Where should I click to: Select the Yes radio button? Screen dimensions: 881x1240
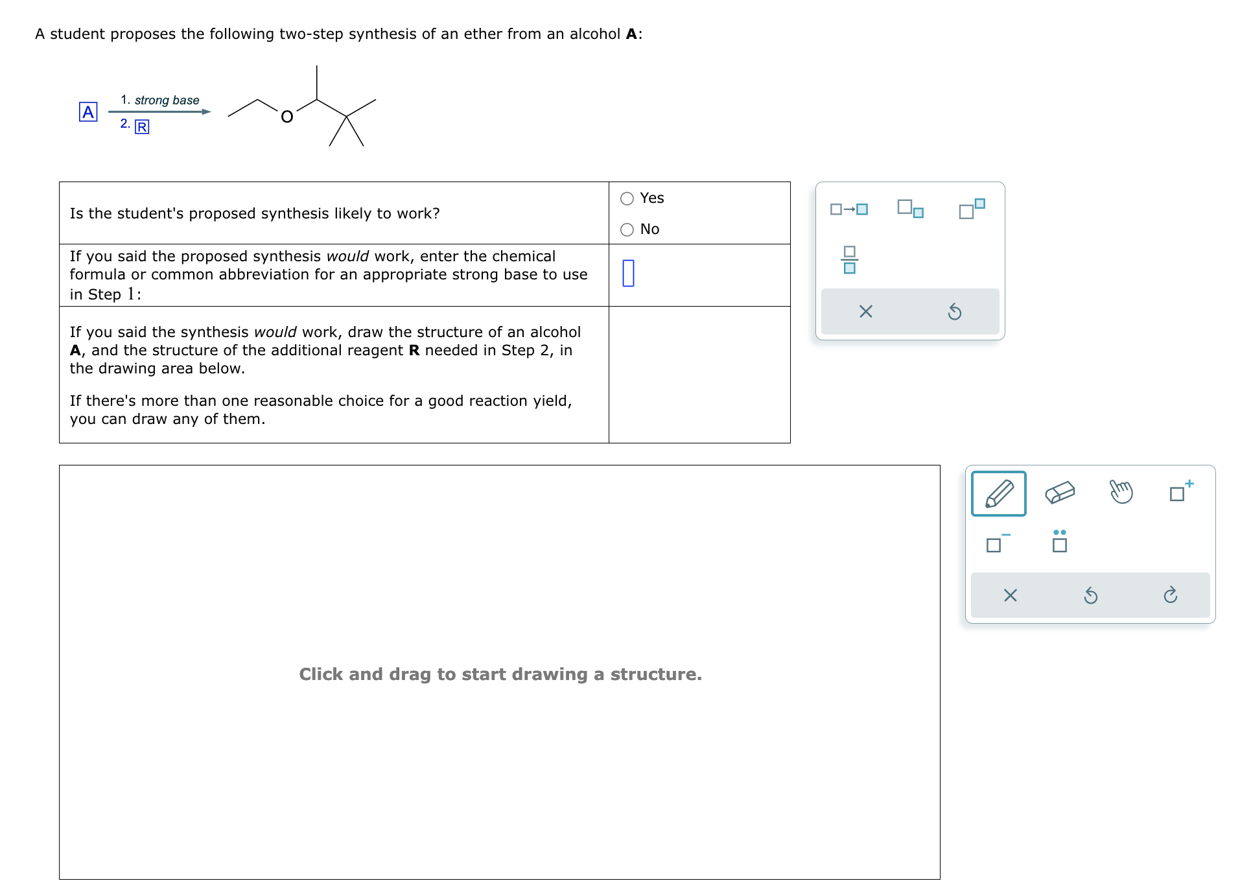tap(627, 198)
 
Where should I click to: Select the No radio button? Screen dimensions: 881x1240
tap(627, 229)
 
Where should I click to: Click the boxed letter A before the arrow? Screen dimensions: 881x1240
tap(88, 112)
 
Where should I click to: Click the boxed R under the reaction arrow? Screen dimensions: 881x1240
tap(141, 127)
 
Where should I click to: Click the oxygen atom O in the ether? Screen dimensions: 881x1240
tap(287, 117)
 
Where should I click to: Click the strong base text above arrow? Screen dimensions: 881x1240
tap(167, 100)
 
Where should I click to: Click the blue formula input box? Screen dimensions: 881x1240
tap(628, 273)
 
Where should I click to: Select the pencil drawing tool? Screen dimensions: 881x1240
tap(998, 493)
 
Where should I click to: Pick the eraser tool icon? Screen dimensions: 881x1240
tap(1060, 493)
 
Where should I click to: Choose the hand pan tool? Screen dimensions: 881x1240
tap(1121, 492)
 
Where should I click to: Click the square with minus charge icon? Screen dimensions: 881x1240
tap(997, 543)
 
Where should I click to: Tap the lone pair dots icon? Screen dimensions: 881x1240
tap(1059, 541)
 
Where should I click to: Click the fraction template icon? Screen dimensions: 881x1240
tap(849, 260)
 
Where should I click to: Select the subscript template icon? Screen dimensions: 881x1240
tap(910, 209)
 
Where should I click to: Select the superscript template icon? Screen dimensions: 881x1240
tap(971, 209)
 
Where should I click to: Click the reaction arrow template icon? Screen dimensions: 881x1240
tap(848, 209)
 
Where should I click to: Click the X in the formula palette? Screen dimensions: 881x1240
tap(865, 312)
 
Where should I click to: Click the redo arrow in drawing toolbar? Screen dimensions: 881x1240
tap(1170, 595)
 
